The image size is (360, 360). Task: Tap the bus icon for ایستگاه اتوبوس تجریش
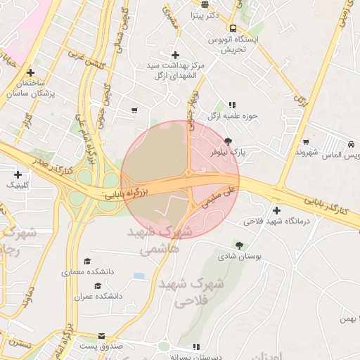tap(233, 29)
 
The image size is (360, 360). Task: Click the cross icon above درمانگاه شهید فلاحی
tap(276, 210)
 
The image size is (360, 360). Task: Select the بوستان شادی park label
tap(242, 257)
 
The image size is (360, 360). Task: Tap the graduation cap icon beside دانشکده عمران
tap(97, 285)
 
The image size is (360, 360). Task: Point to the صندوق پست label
tap(101, 347)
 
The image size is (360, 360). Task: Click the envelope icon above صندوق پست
tap(102, 337)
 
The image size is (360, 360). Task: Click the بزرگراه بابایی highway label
tap(124, 192)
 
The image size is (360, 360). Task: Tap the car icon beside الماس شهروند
tap(349, 144)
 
